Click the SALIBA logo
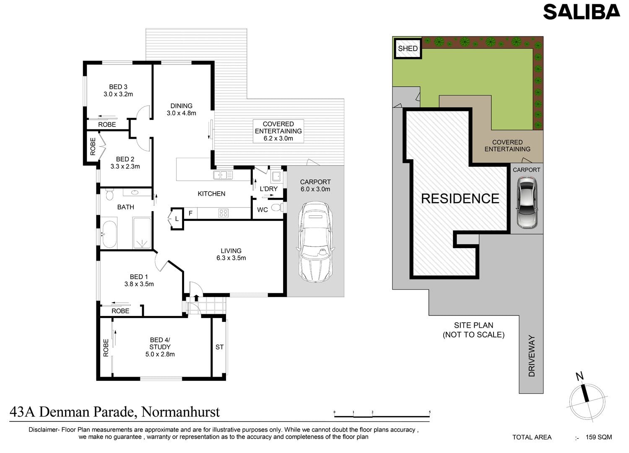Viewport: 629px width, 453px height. tap(582, 12)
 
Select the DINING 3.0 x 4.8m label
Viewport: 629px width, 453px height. tap(182, 109)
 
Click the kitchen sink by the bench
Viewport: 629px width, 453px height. tap(223, 175)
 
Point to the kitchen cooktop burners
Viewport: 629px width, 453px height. tap(223, 213)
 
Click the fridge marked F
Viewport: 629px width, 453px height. tap(190, 213)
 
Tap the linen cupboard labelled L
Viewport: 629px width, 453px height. tap(177, 219)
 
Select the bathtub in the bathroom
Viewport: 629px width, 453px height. tap(109, 235)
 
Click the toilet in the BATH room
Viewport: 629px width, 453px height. tap(109, 194)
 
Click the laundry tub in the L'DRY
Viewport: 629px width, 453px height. tap(276, 176)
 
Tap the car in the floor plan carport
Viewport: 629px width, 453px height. tap(315, 242)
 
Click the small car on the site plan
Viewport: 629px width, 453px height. tap(527, 202)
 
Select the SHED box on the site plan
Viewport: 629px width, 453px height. tap(408, 49)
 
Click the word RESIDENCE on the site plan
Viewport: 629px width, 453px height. tap(460, 199)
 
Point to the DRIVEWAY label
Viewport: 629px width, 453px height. tap(532, 356)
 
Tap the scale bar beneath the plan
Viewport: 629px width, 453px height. tap(382, 414)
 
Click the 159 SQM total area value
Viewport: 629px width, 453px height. tap(599, 437)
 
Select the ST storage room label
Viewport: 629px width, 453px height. tap(219, 347)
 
